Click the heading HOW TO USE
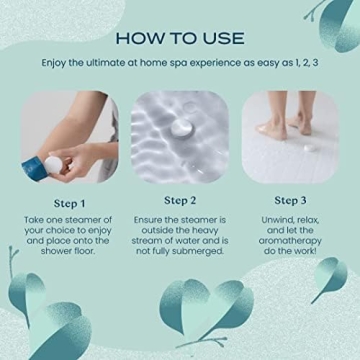pyautogui.click(x=180, y=37)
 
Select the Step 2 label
pyautogui.click(x=180, y=200)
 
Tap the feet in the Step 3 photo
pyautogui.click(x=285, y=127)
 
